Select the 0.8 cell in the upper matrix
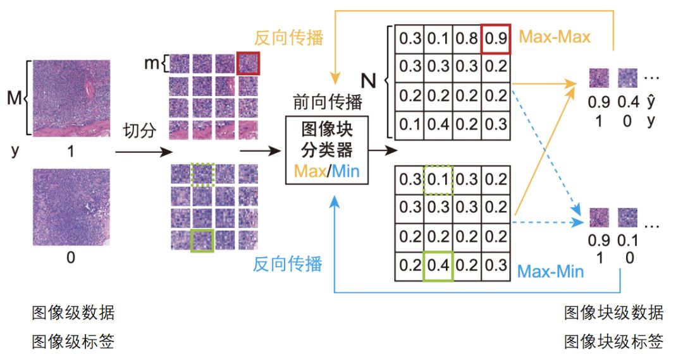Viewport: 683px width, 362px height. (x=467, y=39)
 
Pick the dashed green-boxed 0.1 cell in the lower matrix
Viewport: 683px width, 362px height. (x=439, y=179)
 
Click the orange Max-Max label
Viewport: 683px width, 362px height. (x=555, y=37)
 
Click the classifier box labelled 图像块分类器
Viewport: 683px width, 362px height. (x=326, y=150)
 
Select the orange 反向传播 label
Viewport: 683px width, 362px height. (x=289, y=37)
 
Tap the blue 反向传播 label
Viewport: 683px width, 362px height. (x=288, y=263)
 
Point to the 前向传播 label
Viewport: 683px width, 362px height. (x=328, y=102)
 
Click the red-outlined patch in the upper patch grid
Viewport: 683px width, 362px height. (x=247, y=64)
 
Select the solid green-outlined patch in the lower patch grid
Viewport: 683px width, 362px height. (x=202, y=240)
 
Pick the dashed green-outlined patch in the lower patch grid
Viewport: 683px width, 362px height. (x=202, y=173)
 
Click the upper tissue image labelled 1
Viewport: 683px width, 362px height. (x=71, y=97)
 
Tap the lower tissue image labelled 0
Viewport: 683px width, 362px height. (x=71, y=207)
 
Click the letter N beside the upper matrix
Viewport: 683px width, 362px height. (x=369, y=80)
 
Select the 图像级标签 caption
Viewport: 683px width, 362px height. (x=73, y=342)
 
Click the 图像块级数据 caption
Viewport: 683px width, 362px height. (x=613, y=313)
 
